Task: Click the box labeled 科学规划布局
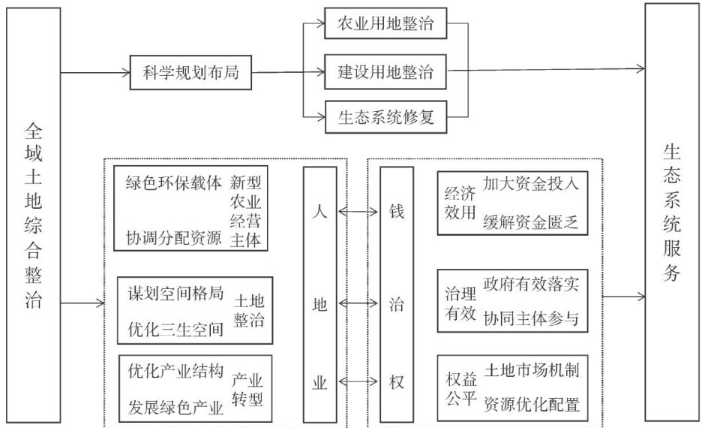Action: pos(190,73)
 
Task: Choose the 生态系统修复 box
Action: pos(386,118)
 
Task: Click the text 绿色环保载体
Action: pos(173,182)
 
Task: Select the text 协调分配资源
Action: pos(173,238)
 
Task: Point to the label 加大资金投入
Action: pos(531,182)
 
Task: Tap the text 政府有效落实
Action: pos(531,285)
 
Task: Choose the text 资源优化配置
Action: pos(531,405)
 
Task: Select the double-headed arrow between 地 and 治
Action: pos(358,303)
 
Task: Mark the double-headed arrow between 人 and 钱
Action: pos(358,212)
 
